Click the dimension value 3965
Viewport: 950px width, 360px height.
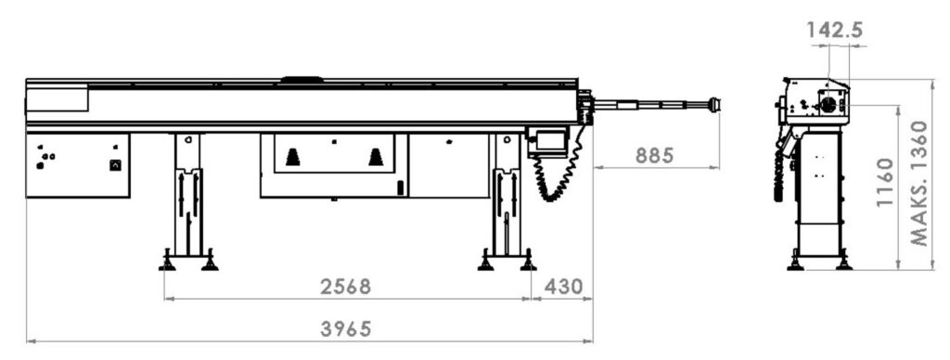point(345,329)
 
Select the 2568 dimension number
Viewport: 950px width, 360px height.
point(345,287)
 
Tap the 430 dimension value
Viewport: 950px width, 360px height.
point(563,287)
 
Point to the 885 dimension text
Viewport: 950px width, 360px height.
point(654,156)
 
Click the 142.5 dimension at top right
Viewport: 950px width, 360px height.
point(834,30)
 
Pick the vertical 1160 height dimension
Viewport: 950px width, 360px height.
point(886,182)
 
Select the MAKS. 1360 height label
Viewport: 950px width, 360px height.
point(919,183)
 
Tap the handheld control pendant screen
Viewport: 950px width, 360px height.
point(549,140)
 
